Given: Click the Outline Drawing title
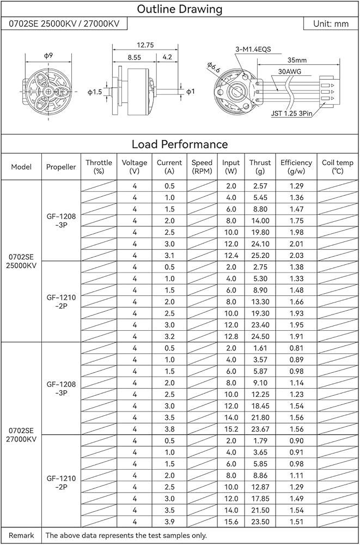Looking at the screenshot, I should pos(180,9).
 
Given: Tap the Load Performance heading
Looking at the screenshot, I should pos(180,144).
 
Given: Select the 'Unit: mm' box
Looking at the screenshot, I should pos(331,24).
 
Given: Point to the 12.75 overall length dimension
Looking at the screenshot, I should pos(144,45).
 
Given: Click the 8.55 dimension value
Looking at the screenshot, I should pos(134,57).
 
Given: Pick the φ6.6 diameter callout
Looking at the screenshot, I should pos(213,68).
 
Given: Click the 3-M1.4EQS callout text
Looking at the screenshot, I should pos(253,49).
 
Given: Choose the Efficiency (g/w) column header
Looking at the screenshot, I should pos(296,167).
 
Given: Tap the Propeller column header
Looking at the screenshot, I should pos(61,167).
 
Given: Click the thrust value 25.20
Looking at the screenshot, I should pos(260,255).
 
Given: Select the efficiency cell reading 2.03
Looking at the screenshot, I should pos(296,255).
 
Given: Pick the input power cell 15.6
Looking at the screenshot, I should pos(231,522).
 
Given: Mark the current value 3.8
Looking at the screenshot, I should pos(169,429).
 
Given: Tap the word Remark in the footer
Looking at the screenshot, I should pos(21,535).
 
